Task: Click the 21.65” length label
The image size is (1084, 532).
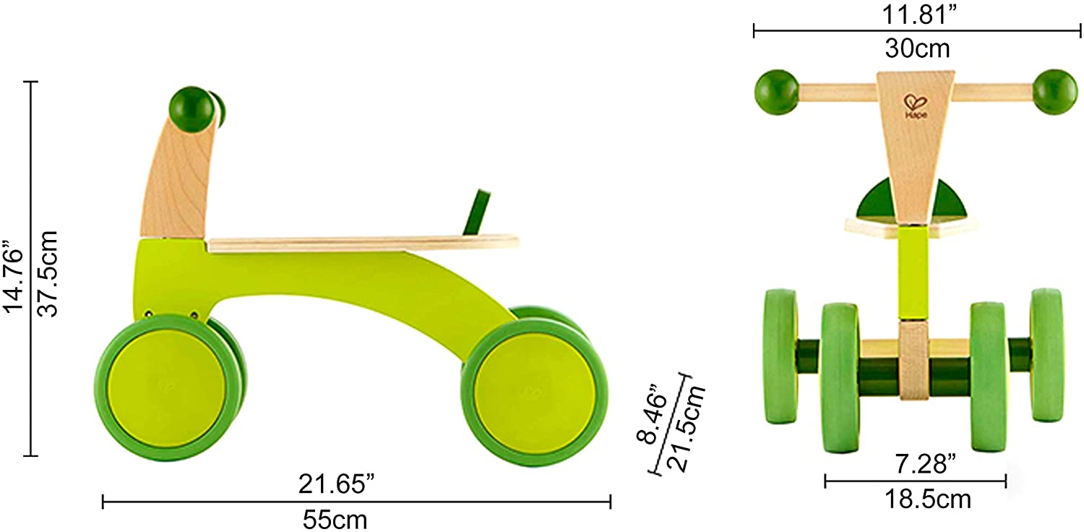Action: coord(336,484)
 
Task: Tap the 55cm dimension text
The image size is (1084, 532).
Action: coord(335,520)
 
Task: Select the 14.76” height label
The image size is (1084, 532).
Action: coord(13,275)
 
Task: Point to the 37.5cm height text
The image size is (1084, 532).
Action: coord(48,274)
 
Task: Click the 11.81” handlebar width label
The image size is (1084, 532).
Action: coord(919,14)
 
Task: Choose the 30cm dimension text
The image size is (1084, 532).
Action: coord(918,48)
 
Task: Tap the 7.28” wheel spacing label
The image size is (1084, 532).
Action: coord(925,464)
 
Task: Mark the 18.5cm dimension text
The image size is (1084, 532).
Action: coord(928,499)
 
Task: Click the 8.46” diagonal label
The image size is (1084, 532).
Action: coord(652,414)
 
